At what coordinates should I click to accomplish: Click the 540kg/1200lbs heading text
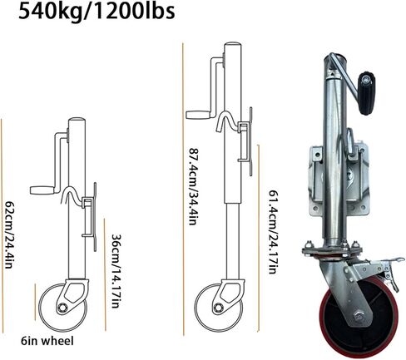point(97,12)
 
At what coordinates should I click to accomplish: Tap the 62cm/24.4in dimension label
point(9,234)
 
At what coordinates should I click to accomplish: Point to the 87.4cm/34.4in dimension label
point(193,186)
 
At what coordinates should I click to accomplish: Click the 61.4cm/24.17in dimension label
point(273,232)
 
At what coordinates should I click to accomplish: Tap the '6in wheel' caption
point(47,341)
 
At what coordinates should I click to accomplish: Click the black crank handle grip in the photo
point(367,93)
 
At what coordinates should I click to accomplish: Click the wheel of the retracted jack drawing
point(62,308)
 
